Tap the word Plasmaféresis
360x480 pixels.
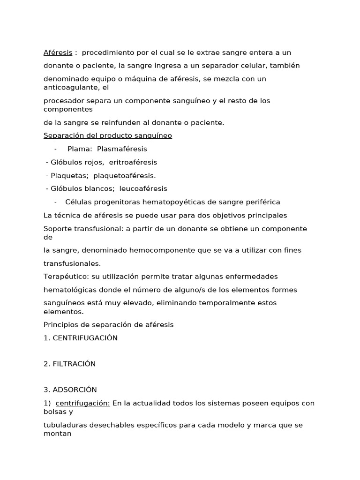click(121, 149)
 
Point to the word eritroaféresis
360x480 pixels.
click(133, 162)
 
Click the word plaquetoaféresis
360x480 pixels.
click(124, 175)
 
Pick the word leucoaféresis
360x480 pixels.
click(143, 188)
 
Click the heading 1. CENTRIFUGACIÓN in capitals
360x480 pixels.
click(81, 337)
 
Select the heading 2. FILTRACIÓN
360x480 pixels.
click(69, 364)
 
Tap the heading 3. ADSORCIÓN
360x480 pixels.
click(70, 390)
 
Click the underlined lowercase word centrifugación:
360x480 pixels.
click(83, 403)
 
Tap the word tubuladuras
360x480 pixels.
click(65, 425)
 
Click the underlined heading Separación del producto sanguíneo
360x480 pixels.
click(108, 135)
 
